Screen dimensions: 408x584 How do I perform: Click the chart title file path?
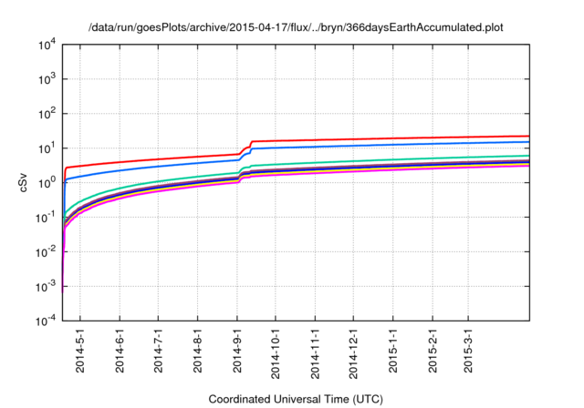pyautogui.click(x=296, y=27)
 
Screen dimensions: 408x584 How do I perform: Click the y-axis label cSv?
pyautogui.click(x=26, y=182)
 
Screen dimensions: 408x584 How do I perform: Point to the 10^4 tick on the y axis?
pyautogui.click(x=47, y=45)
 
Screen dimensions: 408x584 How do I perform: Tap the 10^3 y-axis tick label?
pyautogui.click(x=47, y=79)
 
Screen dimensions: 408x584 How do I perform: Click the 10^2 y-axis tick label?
pyautogui.click(x=47, y=114)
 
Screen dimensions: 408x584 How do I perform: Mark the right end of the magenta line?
pyautogui.click(x=529, y=166)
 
